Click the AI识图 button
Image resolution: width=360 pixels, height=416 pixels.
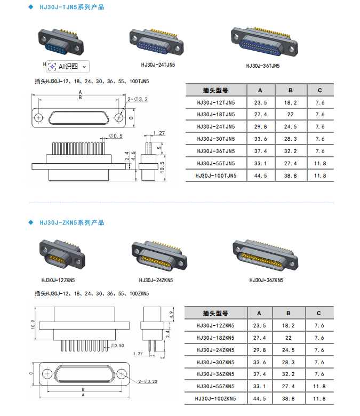point(68,66)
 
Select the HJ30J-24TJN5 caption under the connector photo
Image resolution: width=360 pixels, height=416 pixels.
point(158,65)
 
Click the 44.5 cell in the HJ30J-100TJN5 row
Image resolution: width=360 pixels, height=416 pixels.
point(260,175)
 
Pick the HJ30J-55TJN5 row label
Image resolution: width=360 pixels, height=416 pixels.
point(216,163)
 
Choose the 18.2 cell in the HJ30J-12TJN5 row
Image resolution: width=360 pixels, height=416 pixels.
point(290,102)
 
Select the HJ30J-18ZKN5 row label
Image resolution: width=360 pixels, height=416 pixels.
point(216,338)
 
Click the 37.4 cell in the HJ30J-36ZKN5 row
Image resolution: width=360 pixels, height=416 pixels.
point(260,374)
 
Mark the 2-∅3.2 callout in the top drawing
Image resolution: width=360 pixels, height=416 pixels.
point(138,99)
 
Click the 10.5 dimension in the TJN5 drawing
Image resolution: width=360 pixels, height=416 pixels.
point(162,166)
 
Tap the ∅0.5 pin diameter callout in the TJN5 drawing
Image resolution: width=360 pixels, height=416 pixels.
point(116,137)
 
